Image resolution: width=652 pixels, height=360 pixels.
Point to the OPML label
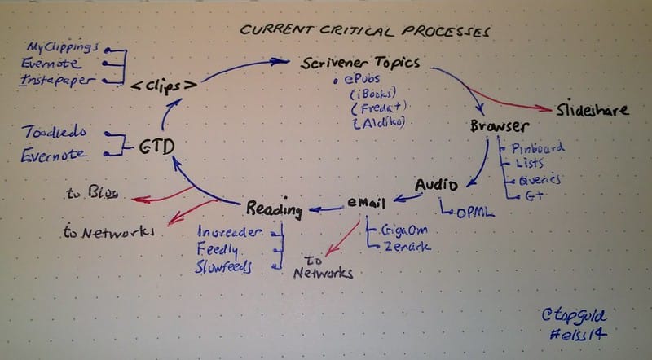473,213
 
